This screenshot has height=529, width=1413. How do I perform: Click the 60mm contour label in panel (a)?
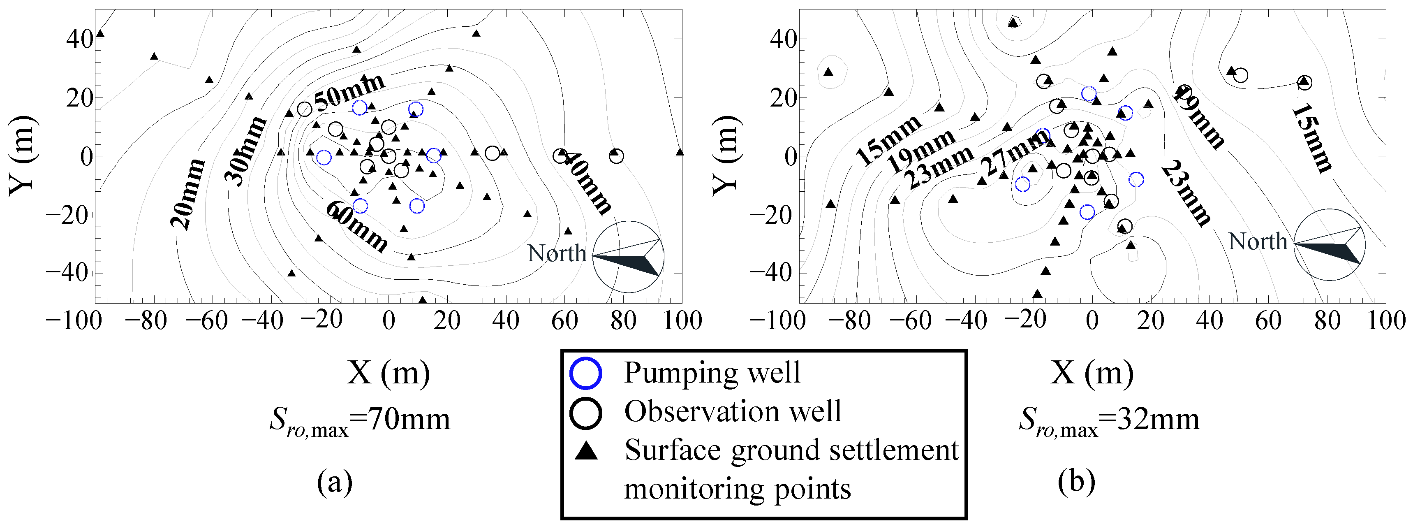[x=356, y=225]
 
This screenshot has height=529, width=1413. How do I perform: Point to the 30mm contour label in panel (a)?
[x=245, y=151]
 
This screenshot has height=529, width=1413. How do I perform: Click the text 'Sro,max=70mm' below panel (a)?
[x=360, y=420]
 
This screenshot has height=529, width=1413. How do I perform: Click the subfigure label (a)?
[x=335, y=482]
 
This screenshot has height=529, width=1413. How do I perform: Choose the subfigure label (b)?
[x=1077, y=482]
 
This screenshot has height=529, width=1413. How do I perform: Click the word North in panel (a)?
[x=557, y=253]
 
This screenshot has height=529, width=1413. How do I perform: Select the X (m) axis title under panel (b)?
[x=1092, y=373]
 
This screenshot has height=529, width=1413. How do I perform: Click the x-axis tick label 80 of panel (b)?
[x=1327, y=320]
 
